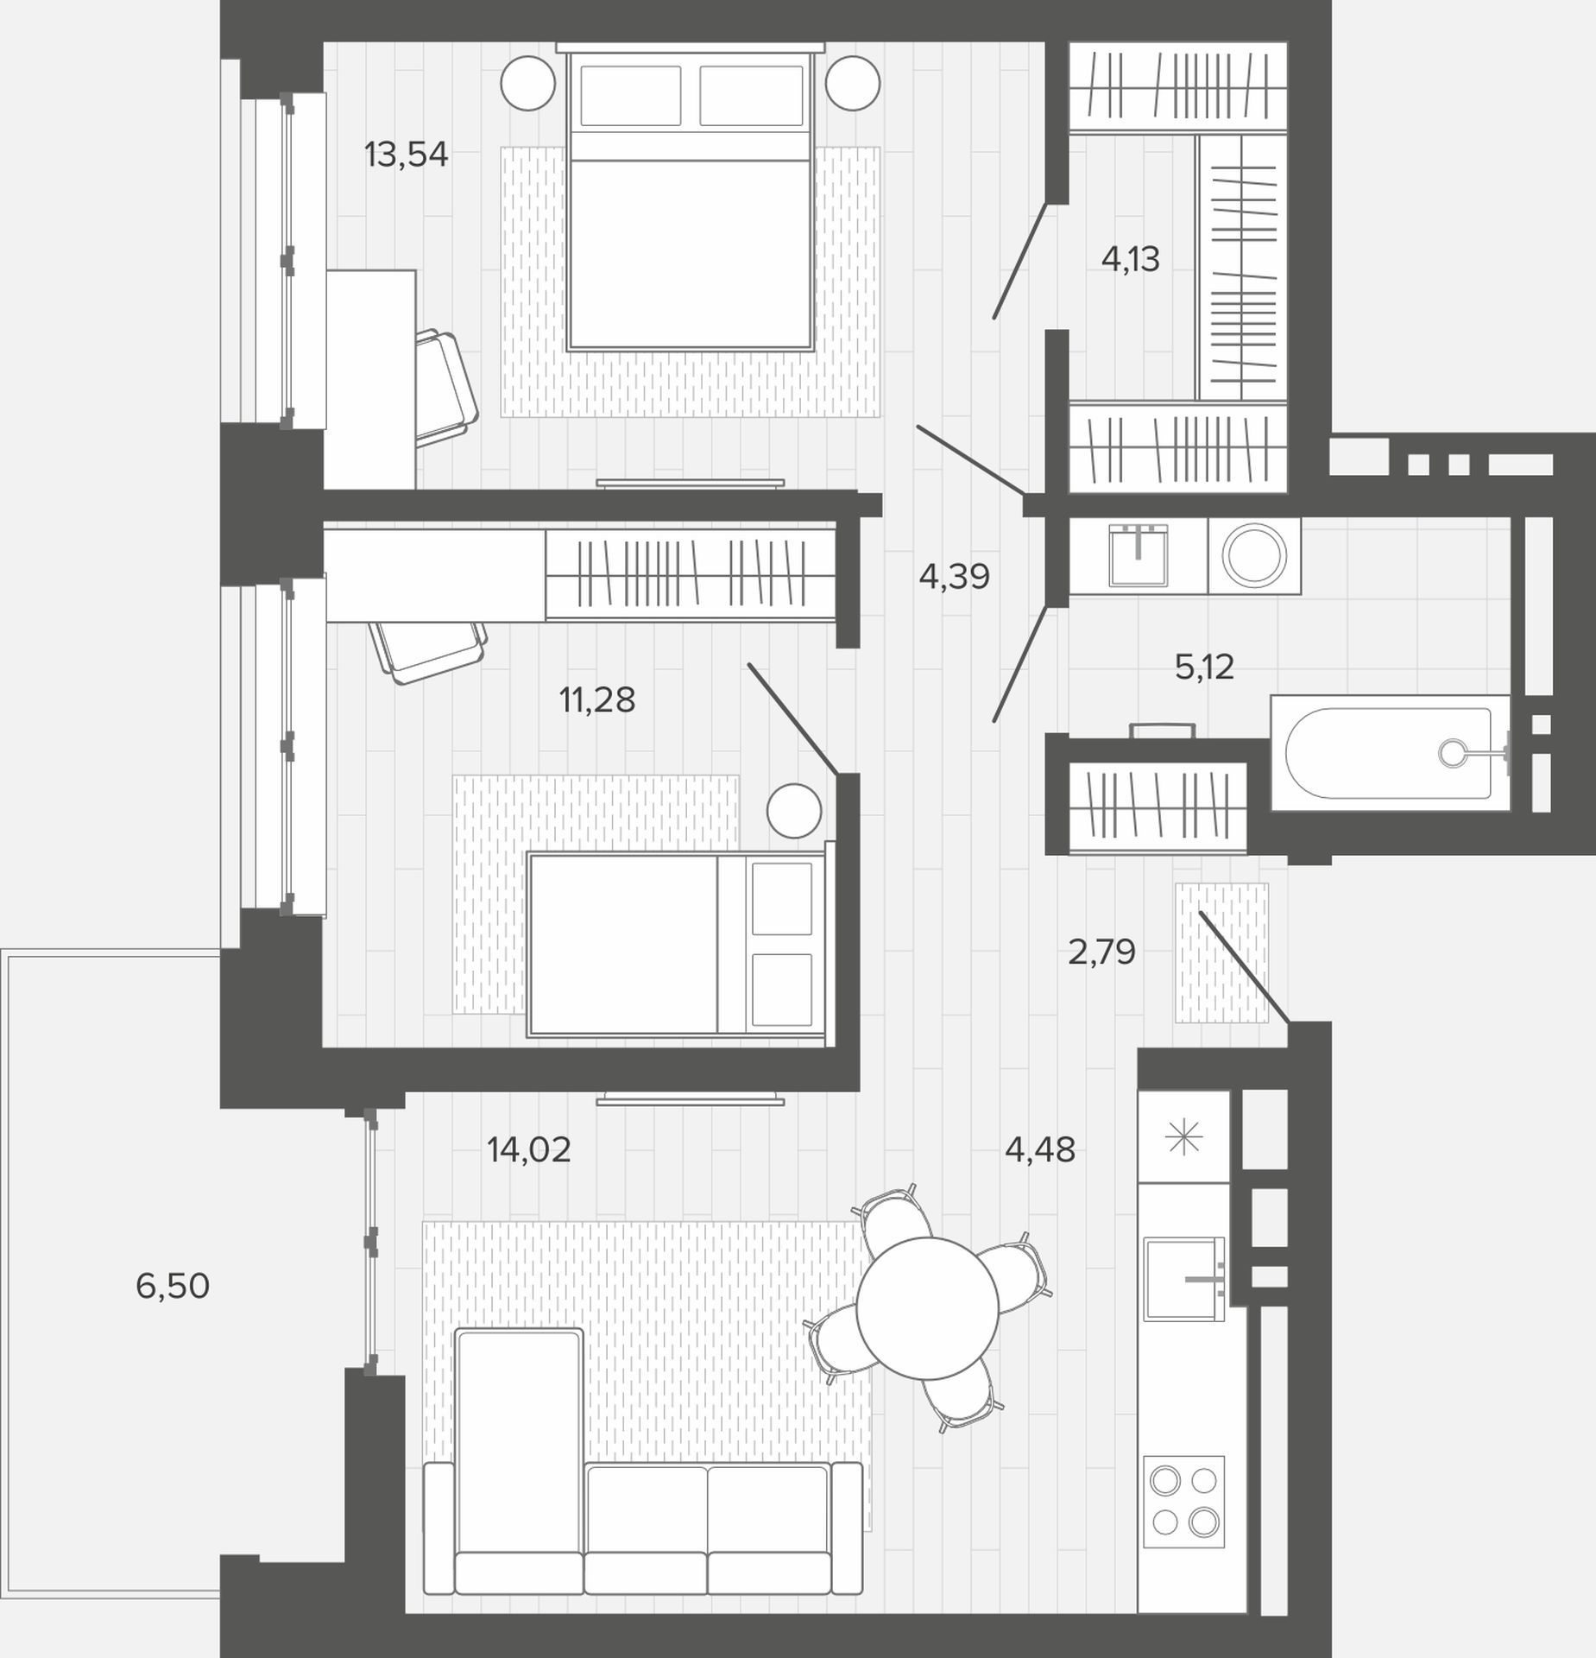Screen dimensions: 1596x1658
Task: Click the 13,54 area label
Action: (x=406, y=155)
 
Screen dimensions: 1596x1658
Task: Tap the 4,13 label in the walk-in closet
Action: (x=1130, y=259)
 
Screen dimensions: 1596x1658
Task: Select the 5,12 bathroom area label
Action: (x=1204, y=667)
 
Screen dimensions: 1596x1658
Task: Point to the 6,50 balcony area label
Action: (x=173, y=1286)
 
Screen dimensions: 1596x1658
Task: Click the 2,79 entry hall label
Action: (x=1101, y=952)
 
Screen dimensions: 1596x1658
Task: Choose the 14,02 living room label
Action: (x=528, y=1149)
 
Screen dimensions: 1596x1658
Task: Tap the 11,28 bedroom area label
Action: (x=597, y=699)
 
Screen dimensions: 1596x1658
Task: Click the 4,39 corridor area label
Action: (x=954, y=576)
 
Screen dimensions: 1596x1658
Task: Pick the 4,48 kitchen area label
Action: (x=1040, y=1149)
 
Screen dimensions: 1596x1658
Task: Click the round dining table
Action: (x=927, y=1307)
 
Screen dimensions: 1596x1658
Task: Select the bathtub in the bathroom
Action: (x=1390, y=753)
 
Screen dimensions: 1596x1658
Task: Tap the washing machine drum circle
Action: (x=1254, y=555)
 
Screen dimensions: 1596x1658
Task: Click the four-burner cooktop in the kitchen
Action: (x=1183, y=1501)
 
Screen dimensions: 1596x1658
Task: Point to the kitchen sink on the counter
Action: (x=1183, y=1279)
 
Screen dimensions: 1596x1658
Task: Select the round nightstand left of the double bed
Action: (x=528, y=83)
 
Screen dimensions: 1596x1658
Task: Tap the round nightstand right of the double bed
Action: (x=853, y=83)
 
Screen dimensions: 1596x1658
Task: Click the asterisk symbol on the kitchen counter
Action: (x=1183, y=1137)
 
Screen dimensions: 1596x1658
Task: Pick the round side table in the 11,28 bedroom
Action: (x=794, y=810)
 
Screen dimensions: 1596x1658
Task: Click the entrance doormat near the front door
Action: (x=1221, y=952)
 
